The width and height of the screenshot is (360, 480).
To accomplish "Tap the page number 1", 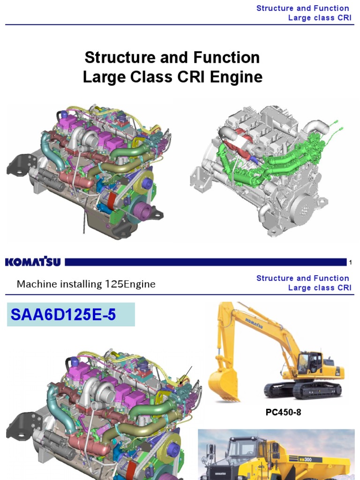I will point(350,262).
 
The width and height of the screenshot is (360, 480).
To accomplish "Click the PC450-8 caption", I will point(280,413).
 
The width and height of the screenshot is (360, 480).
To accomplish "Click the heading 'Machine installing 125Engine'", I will point(86,284).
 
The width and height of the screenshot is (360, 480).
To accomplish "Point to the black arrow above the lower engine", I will point(186,373).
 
